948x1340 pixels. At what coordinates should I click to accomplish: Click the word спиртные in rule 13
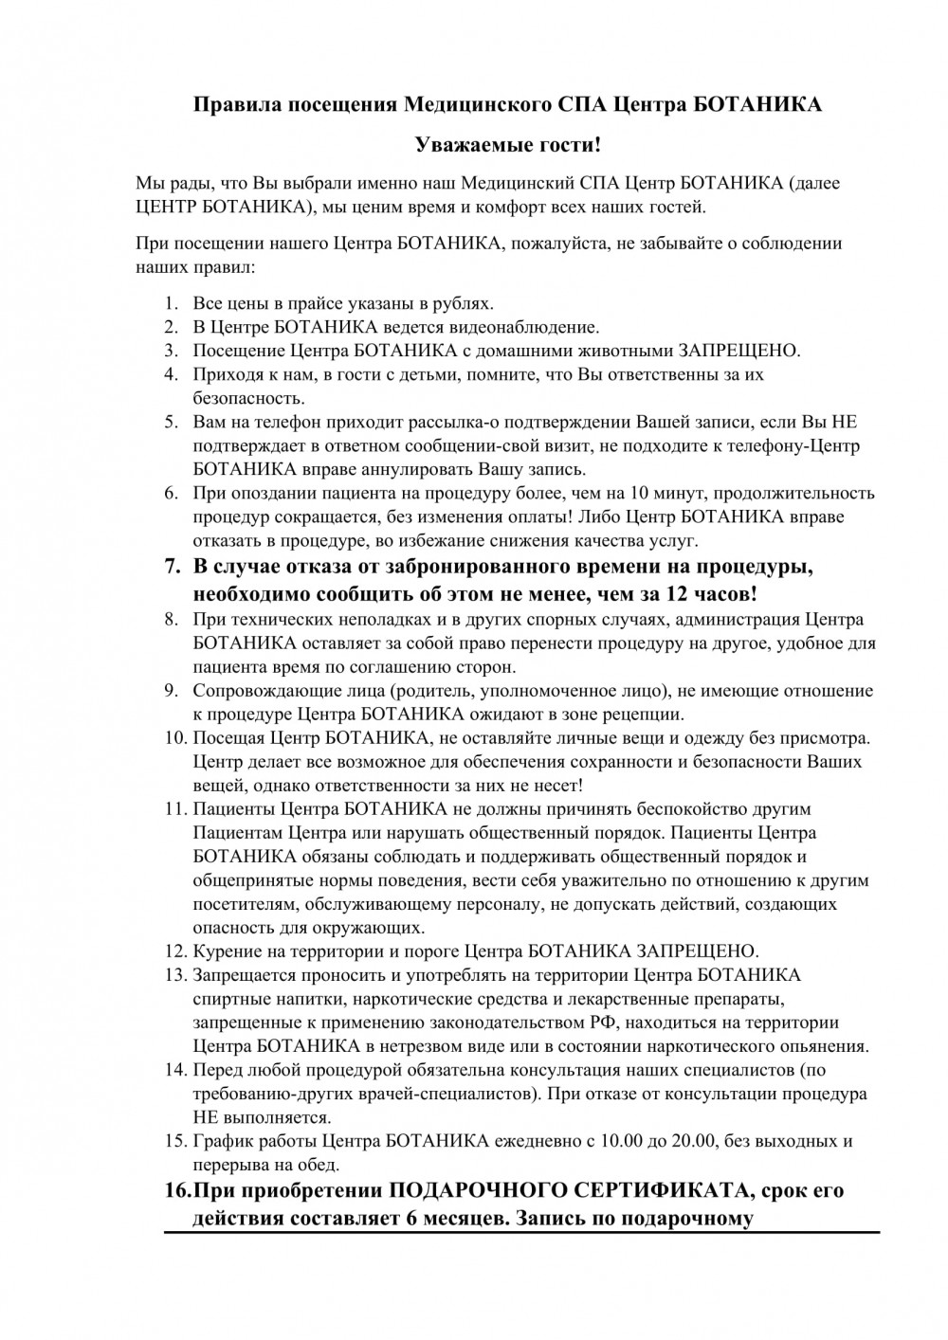(x=226, y=999)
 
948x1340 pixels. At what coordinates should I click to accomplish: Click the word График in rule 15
(x=220, y=1141)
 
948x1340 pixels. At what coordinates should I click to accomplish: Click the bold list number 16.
(x=177, y=1191)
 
